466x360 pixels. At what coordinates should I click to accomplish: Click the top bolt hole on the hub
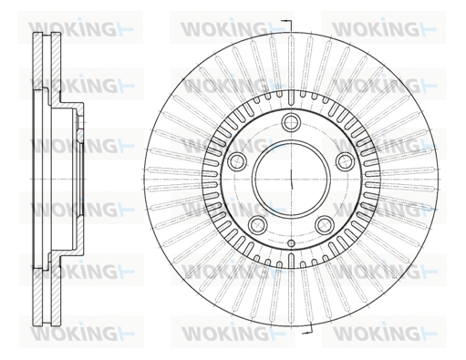[x=291, y=122]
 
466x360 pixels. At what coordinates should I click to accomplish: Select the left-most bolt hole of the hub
[x=236, y=161]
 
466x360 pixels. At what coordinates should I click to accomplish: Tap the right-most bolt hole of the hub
[x=346, y=161]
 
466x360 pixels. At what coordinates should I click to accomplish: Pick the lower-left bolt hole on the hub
[x=257, y=225]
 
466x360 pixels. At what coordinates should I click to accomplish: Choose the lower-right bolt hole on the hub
[x=325, y=225]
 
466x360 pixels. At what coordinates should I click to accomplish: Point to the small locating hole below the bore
[x=291, y=243]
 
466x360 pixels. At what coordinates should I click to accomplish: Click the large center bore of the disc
[x=291, y=179]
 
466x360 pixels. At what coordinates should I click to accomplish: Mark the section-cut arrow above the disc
[x=286, y=26]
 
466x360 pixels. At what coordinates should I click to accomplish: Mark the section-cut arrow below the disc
[x=307, y=328]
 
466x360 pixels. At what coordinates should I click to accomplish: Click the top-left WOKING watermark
[x=81, y=28]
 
